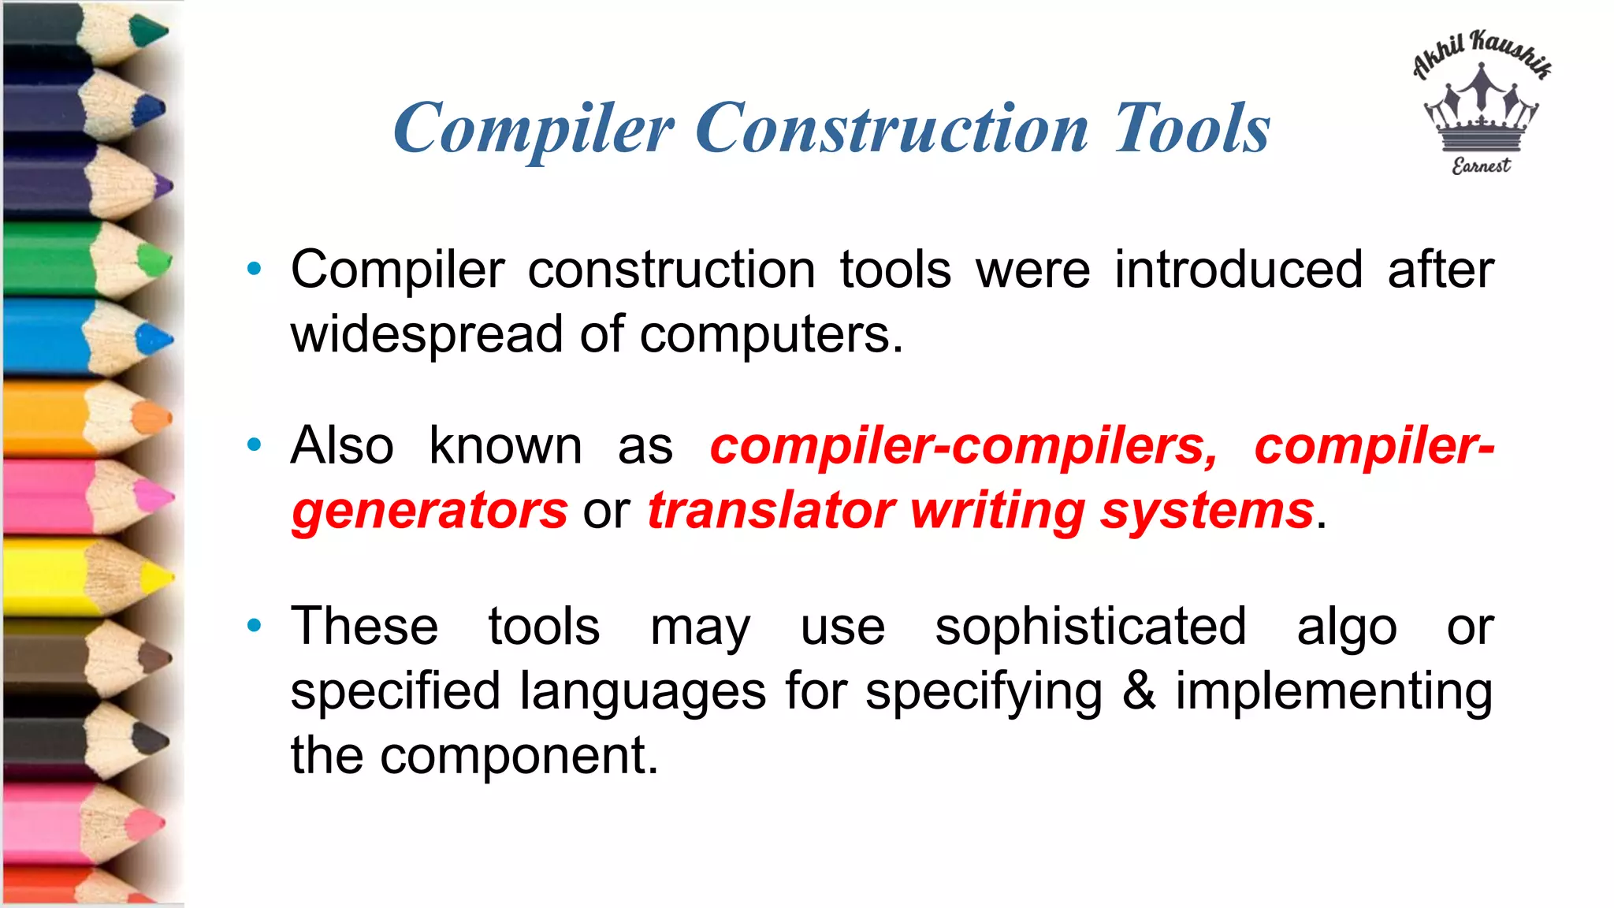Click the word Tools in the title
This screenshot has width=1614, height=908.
1192,129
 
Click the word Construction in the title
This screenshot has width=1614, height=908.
891,129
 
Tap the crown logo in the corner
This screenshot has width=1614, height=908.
1482,110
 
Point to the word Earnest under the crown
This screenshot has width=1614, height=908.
1482,166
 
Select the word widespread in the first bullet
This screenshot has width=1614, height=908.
426,334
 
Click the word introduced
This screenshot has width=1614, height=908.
1238,270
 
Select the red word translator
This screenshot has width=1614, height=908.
771,511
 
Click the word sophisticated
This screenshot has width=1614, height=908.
1091,627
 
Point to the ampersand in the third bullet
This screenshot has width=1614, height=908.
1139,690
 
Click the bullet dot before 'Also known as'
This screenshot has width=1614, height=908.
254,445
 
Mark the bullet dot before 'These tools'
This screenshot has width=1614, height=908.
254,627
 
